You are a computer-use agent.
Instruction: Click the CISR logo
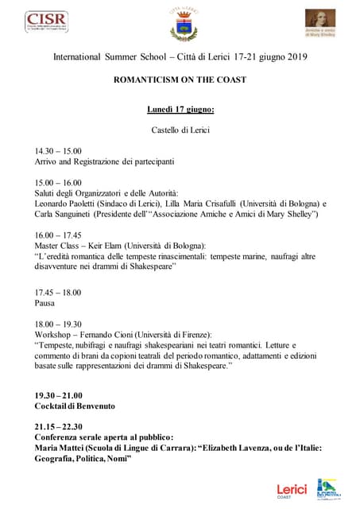click(46, 21)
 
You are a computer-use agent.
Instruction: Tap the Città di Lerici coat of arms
click(181, 24)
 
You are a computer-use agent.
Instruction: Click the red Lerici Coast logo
click(291, 491)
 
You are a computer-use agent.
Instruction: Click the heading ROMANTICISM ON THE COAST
click(180, 80)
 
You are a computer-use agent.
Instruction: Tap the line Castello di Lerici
click(180, 130)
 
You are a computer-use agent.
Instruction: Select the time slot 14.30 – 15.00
click(58, 150)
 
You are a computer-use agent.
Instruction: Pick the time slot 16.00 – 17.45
click(58, 235)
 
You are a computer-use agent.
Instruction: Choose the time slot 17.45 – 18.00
click(58, 291)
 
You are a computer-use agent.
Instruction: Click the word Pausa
click(45, 302)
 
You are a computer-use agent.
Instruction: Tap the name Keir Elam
click(118, 246)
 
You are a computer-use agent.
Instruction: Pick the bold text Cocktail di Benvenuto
click(75, 406)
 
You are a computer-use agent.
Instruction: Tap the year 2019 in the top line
click(296, 57)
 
